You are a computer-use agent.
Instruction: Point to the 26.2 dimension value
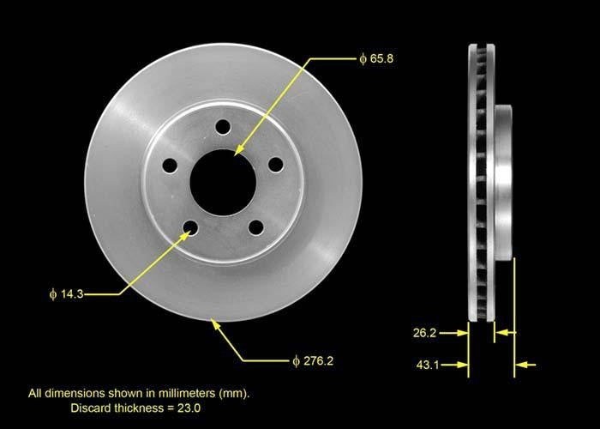click(x=425, y=330)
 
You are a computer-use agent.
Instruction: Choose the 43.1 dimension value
click(x=425, y=366)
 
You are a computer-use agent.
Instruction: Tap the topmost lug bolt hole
click(x=223, y=127)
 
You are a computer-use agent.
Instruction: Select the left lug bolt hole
click(x=170, y=165)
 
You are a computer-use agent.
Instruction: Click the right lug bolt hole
click(x=275, y=164)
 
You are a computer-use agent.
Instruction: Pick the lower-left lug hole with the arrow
click(x=190, y=227)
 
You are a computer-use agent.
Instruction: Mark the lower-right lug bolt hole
click(x=255, y=227)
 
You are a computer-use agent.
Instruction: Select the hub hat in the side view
click(x=504, y=180)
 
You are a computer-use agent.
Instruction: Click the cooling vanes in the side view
click(x=481, y=180)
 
